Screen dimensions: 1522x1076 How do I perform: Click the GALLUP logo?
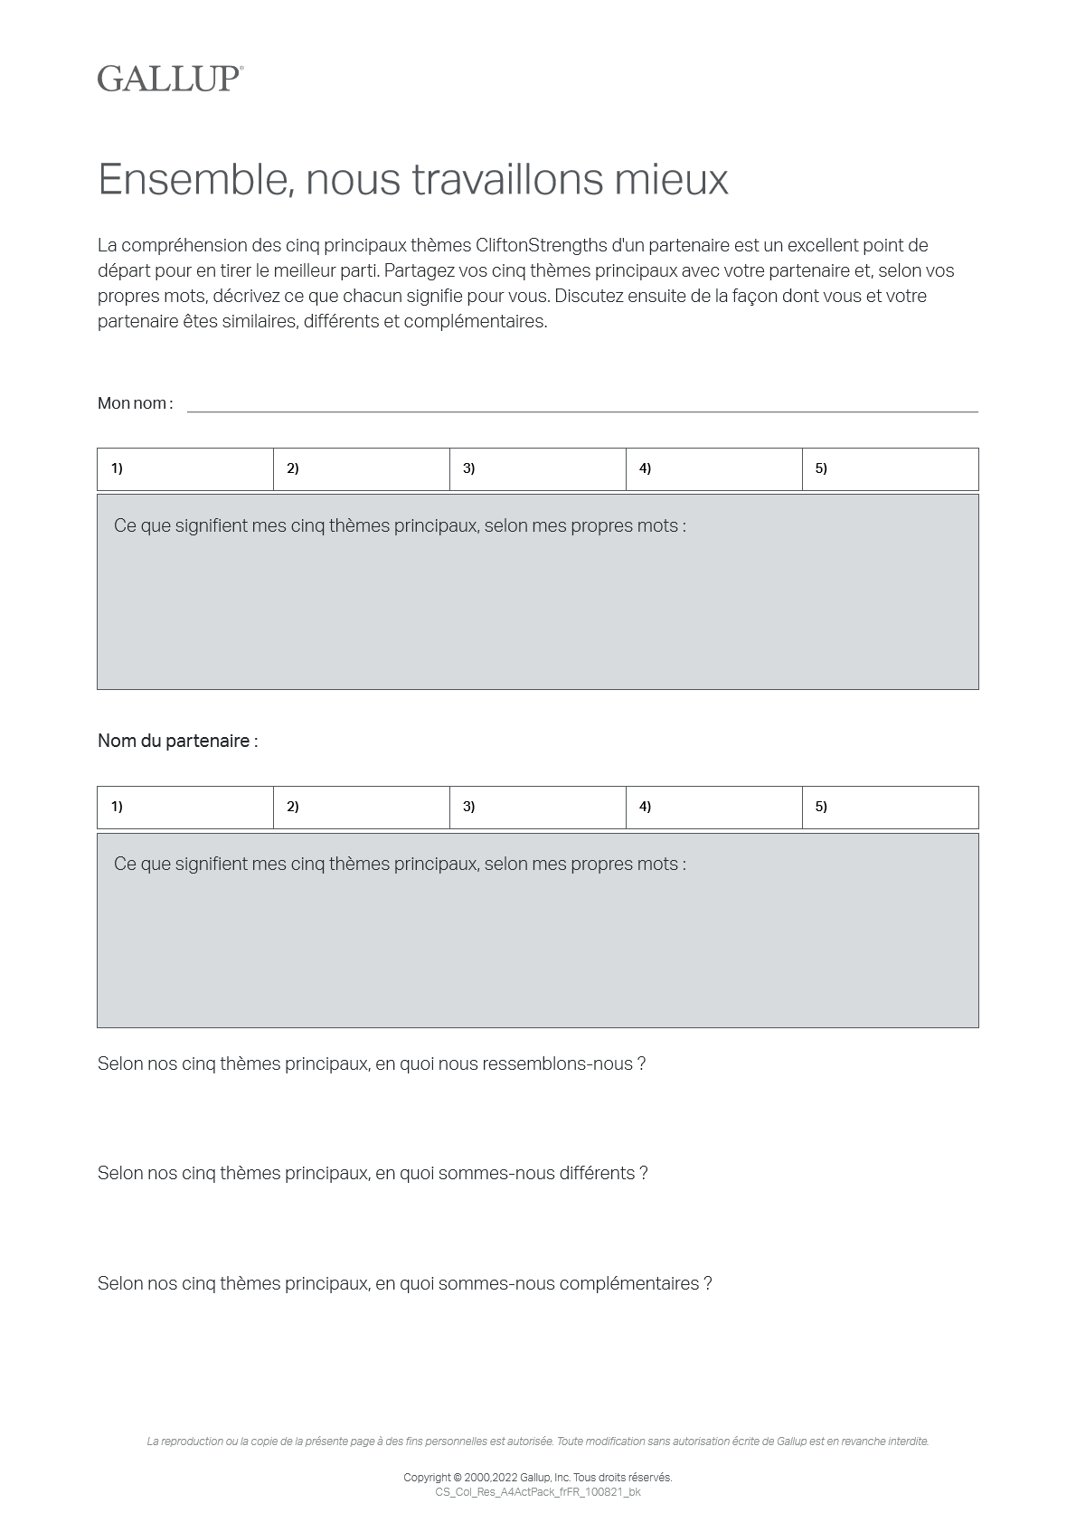[170, 79]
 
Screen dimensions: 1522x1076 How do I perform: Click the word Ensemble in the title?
[192, 179]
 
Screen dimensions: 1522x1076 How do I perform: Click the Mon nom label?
[135, 403]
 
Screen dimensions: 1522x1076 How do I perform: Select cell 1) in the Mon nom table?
[185, 469]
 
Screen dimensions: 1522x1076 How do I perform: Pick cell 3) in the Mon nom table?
[538, 469]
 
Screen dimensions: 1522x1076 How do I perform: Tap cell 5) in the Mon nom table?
[891, 469]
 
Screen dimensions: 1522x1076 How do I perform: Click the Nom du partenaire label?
[177, 742]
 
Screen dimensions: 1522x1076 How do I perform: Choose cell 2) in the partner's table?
[362, 808]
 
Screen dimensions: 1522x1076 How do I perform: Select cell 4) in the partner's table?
[714, 808]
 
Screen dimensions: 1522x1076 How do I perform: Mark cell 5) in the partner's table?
[891, 808]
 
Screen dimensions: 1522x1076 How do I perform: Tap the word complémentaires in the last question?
[629, 1284]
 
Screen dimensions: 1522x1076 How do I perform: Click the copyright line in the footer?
[538, 1478]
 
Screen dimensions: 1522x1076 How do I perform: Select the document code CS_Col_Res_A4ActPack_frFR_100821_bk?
[538, 1492]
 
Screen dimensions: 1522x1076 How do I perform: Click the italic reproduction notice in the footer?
[538, 1442]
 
